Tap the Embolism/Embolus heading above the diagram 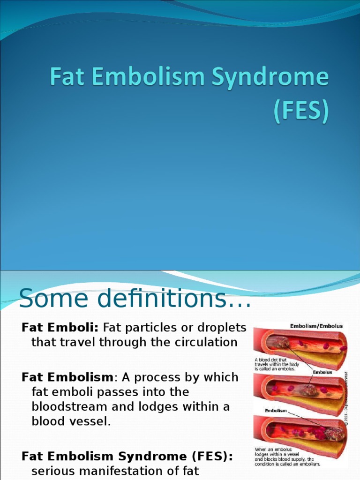(x=316, y=326)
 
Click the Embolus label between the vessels (x=322, y=372)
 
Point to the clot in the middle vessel (x=307, y=389)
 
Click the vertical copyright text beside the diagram (x=346, y=398)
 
